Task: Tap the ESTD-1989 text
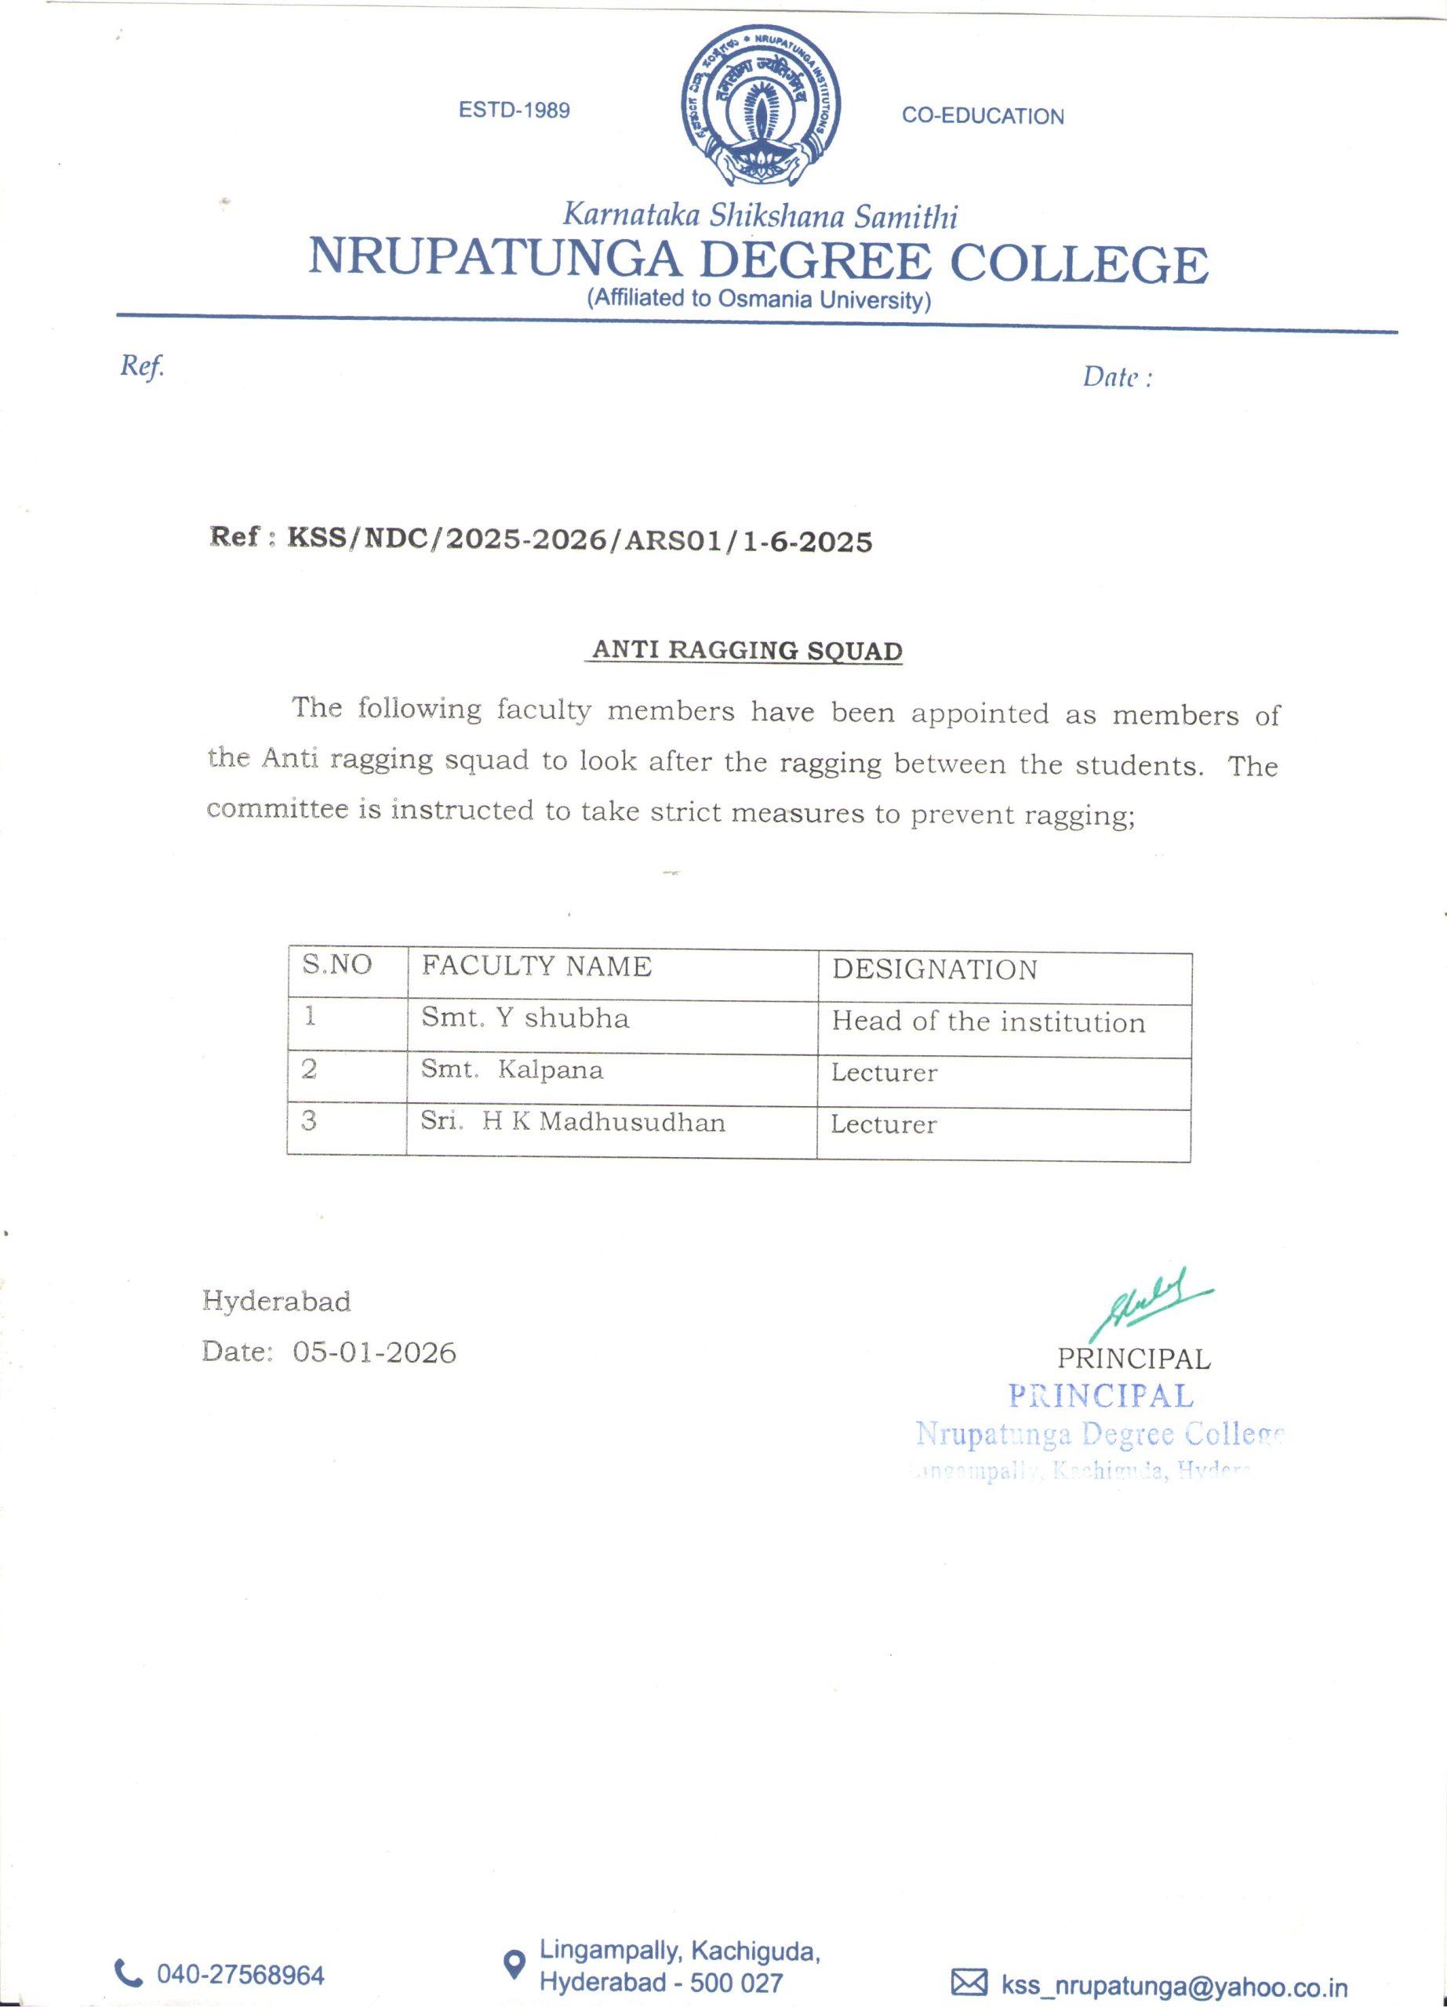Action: tap(514, 111)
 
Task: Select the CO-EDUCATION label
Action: tap(983, 116)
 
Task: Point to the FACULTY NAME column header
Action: tap(536, 967)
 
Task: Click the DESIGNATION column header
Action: tap(934, 970)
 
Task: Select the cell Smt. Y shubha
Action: tap(525, 1018)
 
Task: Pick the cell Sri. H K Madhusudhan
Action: tap(573, 1122)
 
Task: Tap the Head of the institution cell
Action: tap(987, 1022)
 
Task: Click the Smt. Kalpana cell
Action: tap(511, 1070)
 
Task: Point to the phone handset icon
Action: tap(129, 1973)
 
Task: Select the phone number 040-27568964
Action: tap(241, 1974)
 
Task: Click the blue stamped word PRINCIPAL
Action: tap(1101, 1395)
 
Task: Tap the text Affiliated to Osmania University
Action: tap(758, 299)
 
